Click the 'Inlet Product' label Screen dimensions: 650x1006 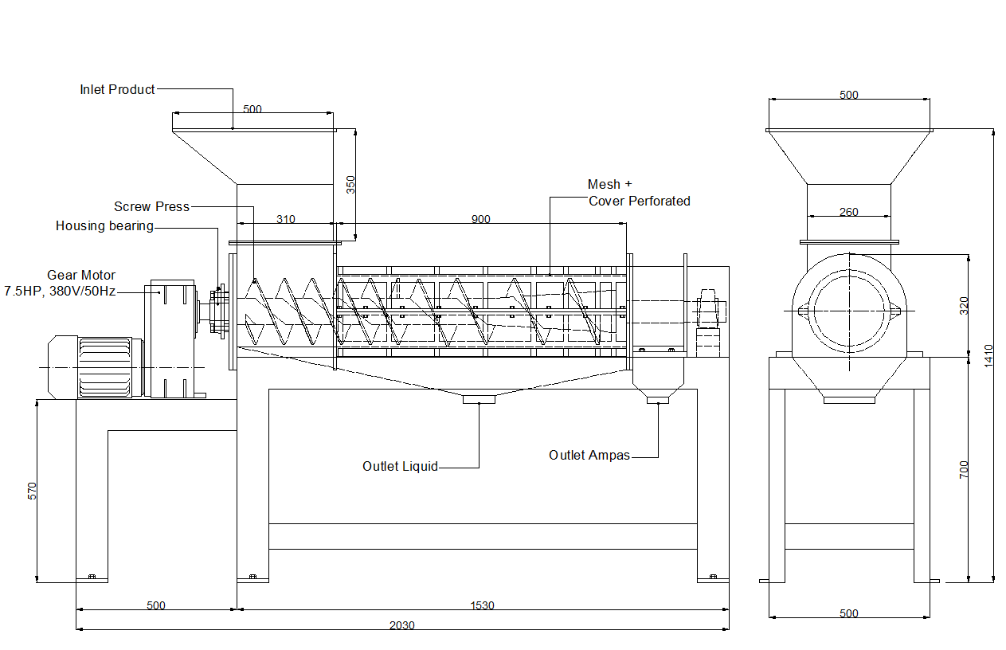pos(117,89)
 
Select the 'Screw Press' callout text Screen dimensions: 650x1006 pos(151,206)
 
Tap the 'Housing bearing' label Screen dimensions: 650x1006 pos(104,225)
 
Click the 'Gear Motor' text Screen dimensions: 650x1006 pos(81,275)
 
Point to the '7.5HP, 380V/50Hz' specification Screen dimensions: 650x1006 pos(60,291)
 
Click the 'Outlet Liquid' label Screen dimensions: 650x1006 pos(400,466)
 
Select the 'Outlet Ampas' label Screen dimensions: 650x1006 pos(589,455)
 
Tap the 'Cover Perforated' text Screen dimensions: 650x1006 pos(639,201)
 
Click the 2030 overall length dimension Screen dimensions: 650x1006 pos(401,625)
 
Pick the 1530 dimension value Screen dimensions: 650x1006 pos(482,605)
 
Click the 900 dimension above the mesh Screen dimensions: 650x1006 pos(480,219)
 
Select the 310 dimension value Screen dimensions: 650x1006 pos(285,219)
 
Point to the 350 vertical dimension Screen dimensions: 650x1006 pos(350,184)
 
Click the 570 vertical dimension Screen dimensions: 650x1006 pos(33,491)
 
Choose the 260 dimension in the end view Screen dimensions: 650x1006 pos(849,212)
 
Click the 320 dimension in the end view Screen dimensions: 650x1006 pos(964,304)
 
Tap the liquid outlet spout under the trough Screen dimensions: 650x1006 pos(479,399)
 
